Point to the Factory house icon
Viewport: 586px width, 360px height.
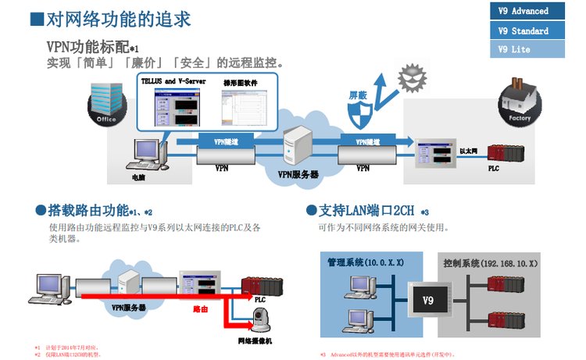click(519, 102)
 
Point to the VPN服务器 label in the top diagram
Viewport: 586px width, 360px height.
click(298, 175)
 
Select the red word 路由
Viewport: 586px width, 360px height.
click(201, 309)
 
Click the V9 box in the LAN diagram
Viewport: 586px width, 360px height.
click(427, 301)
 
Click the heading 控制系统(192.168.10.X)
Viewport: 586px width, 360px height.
click(490, 263)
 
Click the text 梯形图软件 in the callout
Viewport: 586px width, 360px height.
click(240, 82)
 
